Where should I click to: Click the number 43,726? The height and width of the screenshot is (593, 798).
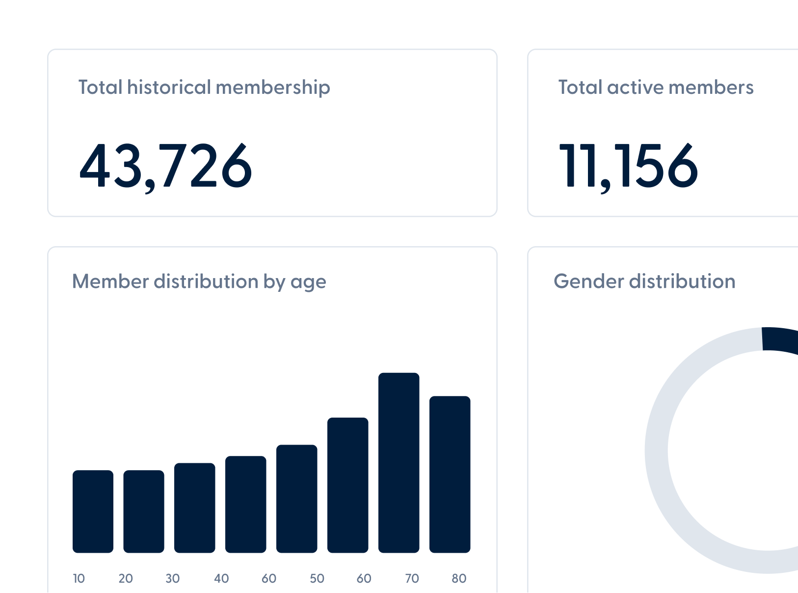click(165, 166)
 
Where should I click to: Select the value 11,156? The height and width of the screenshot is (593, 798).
click(628, 166)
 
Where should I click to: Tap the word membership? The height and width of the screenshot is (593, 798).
click(272, 87)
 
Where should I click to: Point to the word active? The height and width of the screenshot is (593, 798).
click(635, 87)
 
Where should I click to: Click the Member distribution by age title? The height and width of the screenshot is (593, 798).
click(199, 282)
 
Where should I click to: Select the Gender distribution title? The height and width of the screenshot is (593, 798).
click(644, 282)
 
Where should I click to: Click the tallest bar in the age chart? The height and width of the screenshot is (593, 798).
click(399, 462)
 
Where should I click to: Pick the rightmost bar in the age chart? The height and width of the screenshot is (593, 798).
click(450, 474)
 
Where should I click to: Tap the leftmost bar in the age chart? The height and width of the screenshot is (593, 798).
click(93, 511)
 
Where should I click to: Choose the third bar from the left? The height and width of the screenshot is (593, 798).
click(194, 508)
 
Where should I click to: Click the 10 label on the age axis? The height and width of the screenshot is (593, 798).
click(79, 578)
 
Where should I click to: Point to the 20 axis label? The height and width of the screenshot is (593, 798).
click(126, 578)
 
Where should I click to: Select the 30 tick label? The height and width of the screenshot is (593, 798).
click(172, 578)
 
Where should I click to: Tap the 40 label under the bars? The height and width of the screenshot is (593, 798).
click(221, 578)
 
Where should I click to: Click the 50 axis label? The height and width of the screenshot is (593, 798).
click(317, 578)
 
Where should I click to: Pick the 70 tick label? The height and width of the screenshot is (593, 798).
click(412, 578)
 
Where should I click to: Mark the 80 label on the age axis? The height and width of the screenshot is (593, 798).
click(459, 578)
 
